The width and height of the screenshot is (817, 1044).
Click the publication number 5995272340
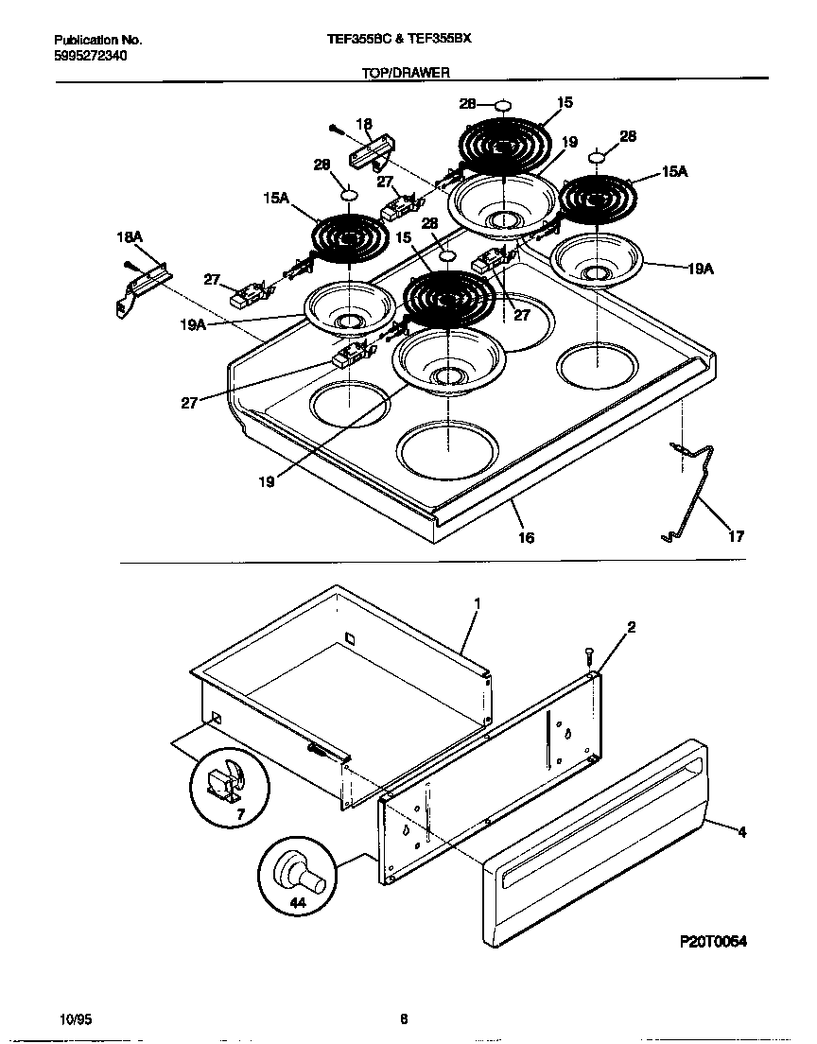pos(90,56)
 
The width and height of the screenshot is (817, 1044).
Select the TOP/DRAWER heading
pos(406,72)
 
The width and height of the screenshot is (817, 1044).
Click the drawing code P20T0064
pos(713,943)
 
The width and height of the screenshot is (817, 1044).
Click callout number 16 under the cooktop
pos(526,537)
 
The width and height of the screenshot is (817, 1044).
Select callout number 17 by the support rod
pos(735,536)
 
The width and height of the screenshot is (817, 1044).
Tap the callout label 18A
pos(129,240)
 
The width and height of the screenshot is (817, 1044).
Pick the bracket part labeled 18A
pos(142,287)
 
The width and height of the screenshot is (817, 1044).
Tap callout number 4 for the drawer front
pos(741,833)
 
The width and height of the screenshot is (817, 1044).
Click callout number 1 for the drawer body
pos(478,601)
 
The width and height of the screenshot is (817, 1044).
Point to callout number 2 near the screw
pos(631,626)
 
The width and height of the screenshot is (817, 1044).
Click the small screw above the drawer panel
pos(588,653)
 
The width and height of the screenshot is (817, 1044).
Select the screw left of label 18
pos(336,128)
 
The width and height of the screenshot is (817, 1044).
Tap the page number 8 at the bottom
pos(404,1018)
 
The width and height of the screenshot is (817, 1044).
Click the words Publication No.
pos(97,41)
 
